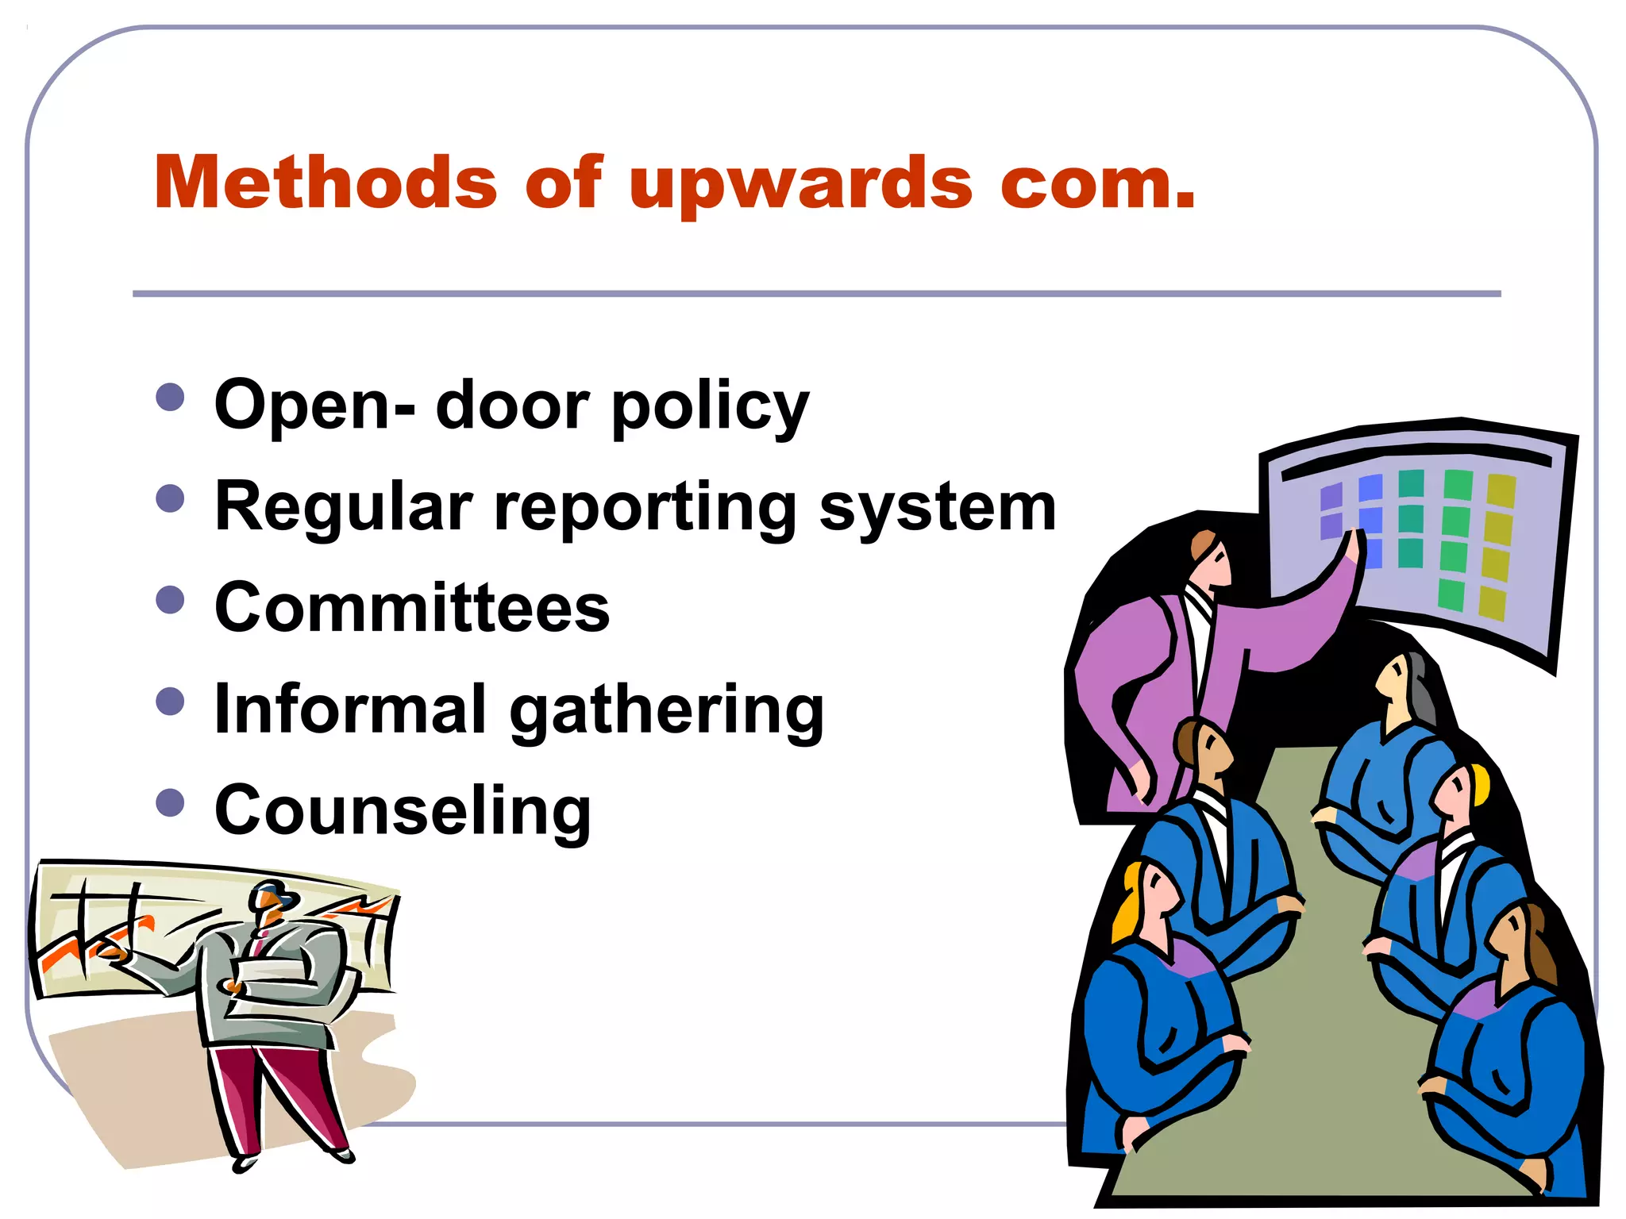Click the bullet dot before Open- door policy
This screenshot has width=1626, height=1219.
171,397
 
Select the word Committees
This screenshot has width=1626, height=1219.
412,607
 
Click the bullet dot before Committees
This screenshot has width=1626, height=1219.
171,599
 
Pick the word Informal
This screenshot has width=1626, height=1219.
350,708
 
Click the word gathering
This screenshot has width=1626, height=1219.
667,712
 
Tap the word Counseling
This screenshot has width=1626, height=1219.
403,812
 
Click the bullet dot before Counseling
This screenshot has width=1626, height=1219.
171,802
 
